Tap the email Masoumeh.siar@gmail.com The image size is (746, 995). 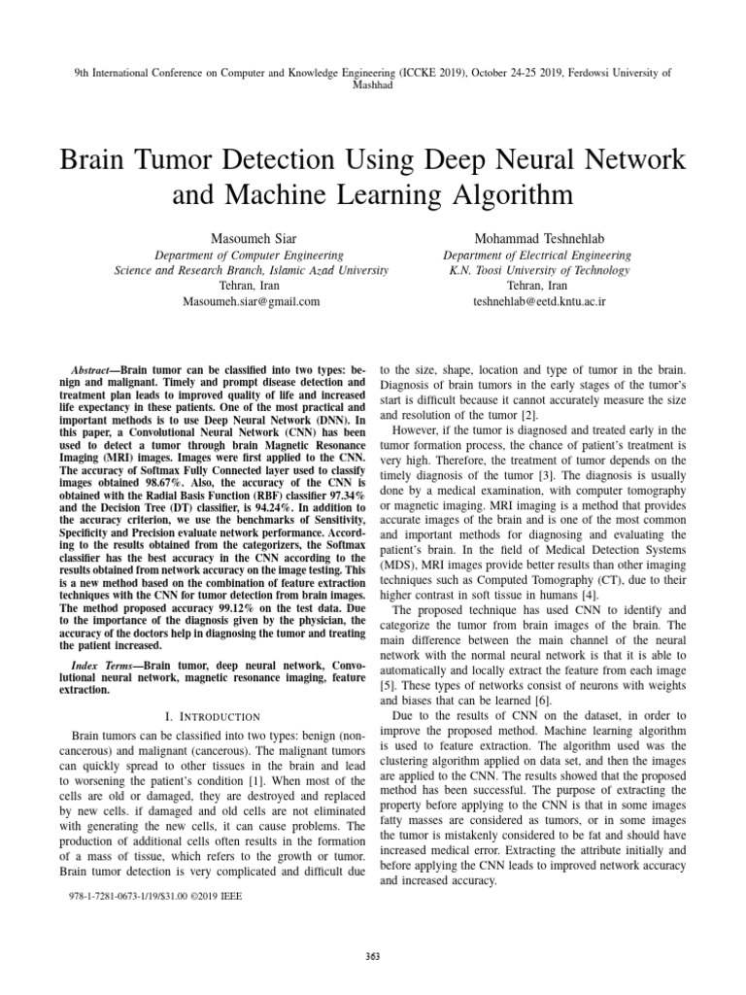coord(251,302)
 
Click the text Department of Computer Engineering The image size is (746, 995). coord(251,256)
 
